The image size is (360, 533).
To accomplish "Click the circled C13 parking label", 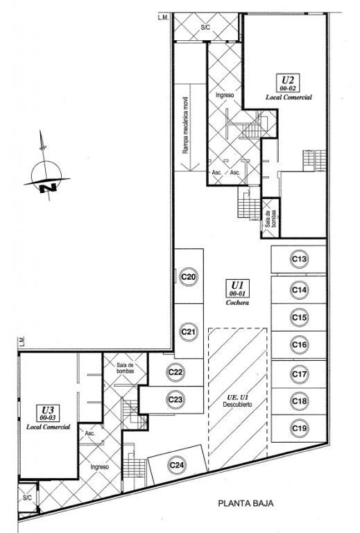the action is (x=299, y=260).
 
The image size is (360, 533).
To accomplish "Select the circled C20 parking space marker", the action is (x=189, y=277).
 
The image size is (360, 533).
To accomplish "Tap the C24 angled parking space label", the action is (x=177, y=465).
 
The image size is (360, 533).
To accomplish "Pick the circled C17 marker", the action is (x=299, y=374).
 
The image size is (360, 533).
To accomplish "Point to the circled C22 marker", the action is (x=175, y=372).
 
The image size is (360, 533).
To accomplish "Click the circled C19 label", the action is (x=299, y=428).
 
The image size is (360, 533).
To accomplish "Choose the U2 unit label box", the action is (x=288, y=83).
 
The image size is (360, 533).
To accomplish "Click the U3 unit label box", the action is (x=47, y=412).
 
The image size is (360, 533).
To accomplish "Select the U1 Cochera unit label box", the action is (x=238, y=288).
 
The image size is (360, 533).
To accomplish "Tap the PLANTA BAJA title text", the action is (x=246, y=503).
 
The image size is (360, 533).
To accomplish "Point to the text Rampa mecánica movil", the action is (x=185, y=125).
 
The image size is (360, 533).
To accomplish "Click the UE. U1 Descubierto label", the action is (x=237, y=400).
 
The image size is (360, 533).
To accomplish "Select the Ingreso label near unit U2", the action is (x=225, y=95).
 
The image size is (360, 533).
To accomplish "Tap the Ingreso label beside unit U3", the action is (x=99, y=467).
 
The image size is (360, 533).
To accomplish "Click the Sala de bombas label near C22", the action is (x=126, y=368).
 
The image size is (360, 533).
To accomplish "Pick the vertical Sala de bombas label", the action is (x=271, y=218).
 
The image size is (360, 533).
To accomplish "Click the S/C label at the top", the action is (x=205, y=28).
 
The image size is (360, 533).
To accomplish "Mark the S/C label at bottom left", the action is (x=27, y=498).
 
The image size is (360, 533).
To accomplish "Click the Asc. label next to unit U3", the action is (x=89, y=434).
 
